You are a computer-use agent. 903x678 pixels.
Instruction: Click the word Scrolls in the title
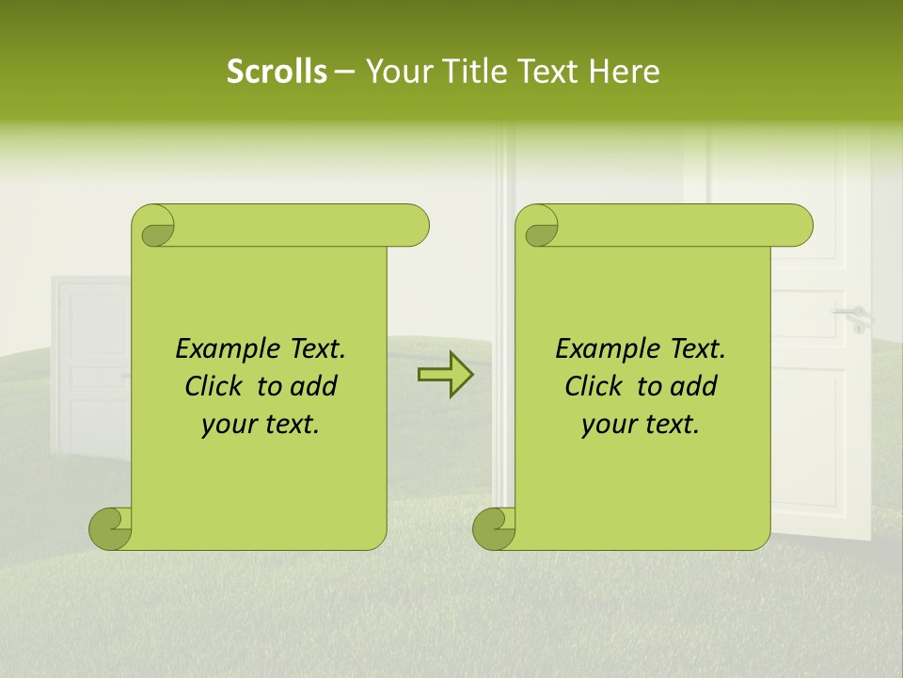pyautogui.click(x=277, y=72)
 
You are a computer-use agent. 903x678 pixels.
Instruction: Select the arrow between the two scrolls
pyautogui.click(x=445, y=375)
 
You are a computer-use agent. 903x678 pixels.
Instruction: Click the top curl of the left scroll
pyautogui.click(x=153, y=226)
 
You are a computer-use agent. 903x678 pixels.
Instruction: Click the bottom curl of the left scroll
pyautogui.click(x=110, y=528)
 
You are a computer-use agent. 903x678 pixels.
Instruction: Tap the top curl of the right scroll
pyautogui.click(x=537, y=226)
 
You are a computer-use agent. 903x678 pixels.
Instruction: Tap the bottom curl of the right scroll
pyautogui.click(x=494, y=528)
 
